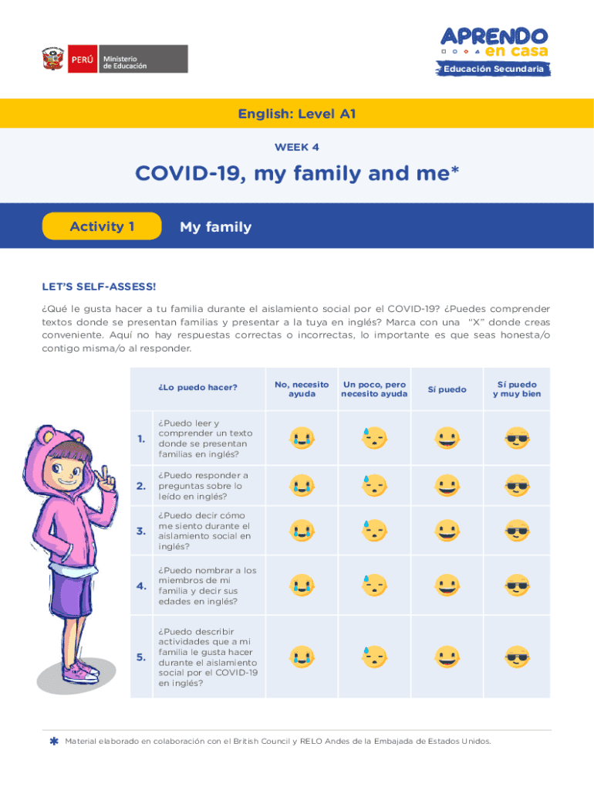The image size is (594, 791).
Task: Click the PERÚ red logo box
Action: pos(83,59)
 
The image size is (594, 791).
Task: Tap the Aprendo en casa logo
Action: pos(494,42)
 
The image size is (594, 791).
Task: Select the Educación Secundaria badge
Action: pos(494,70)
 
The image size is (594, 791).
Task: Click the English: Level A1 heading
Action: pos(297,114)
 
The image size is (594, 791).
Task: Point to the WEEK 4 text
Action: pos(297,147)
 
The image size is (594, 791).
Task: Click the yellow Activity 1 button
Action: pos(103,226)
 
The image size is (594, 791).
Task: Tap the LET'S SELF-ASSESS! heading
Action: pos(99,287)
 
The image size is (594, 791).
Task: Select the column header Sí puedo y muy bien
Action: pos(517,389)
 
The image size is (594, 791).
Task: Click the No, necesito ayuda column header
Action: pos(302,389)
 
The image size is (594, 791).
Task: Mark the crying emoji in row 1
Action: pos(302,439)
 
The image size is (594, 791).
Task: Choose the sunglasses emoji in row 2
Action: pos(517,486)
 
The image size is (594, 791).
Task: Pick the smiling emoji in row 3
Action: pos(447,531)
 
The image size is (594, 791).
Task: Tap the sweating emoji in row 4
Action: pos(374,586)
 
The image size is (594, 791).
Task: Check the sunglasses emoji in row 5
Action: pos(517,657)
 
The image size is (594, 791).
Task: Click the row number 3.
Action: pos(141,531)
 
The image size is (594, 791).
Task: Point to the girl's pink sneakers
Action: pos(80,670)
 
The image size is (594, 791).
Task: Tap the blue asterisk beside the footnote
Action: pos(53,742)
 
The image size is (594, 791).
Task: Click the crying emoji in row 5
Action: pos(302,657)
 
